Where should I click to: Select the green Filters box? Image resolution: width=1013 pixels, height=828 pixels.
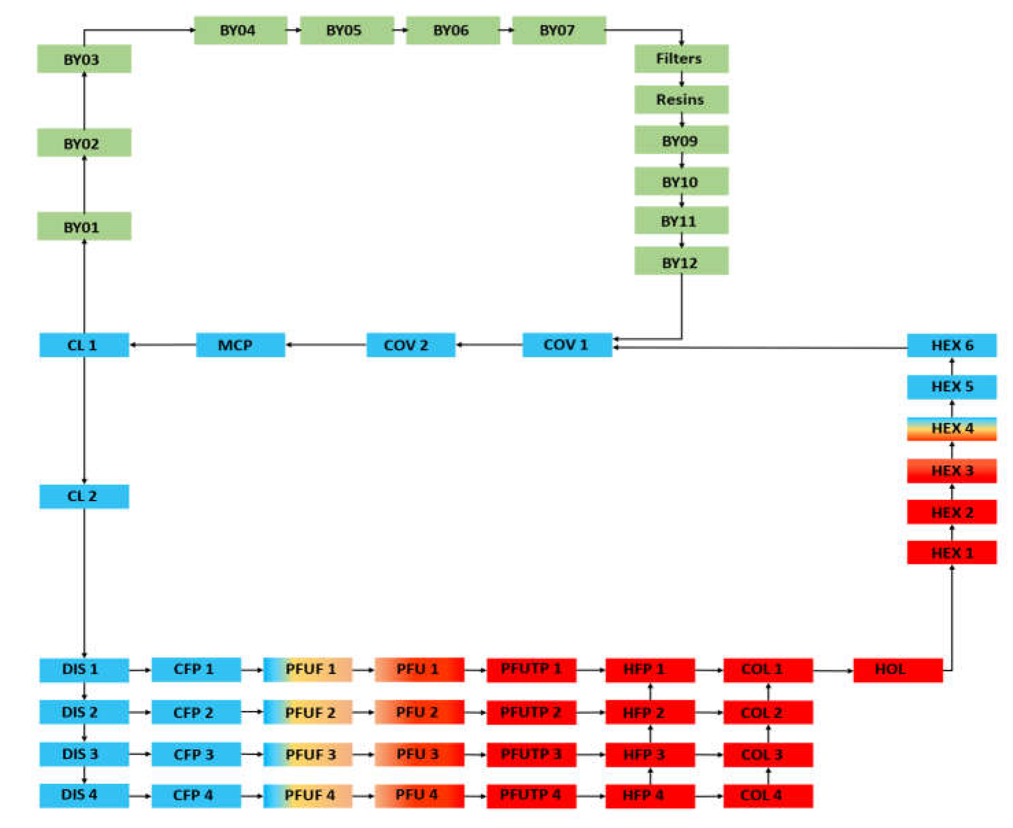681,59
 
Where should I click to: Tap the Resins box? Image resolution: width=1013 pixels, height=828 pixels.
681,99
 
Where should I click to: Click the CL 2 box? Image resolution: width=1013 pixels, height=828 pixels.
84,496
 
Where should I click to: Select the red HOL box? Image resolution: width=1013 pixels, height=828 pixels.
897,670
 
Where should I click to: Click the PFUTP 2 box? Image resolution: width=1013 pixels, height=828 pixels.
531,712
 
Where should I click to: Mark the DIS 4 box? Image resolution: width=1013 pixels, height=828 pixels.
84,795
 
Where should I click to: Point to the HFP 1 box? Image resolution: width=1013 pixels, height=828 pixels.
650,670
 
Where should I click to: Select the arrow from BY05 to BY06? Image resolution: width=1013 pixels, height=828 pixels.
400,30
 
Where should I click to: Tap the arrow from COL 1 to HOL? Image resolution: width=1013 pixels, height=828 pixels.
833,670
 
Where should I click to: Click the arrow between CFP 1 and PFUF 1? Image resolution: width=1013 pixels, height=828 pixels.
252,670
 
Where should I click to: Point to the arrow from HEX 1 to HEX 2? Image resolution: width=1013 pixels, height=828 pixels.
951,532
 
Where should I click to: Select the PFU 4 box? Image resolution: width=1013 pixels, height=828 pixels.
419,795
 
